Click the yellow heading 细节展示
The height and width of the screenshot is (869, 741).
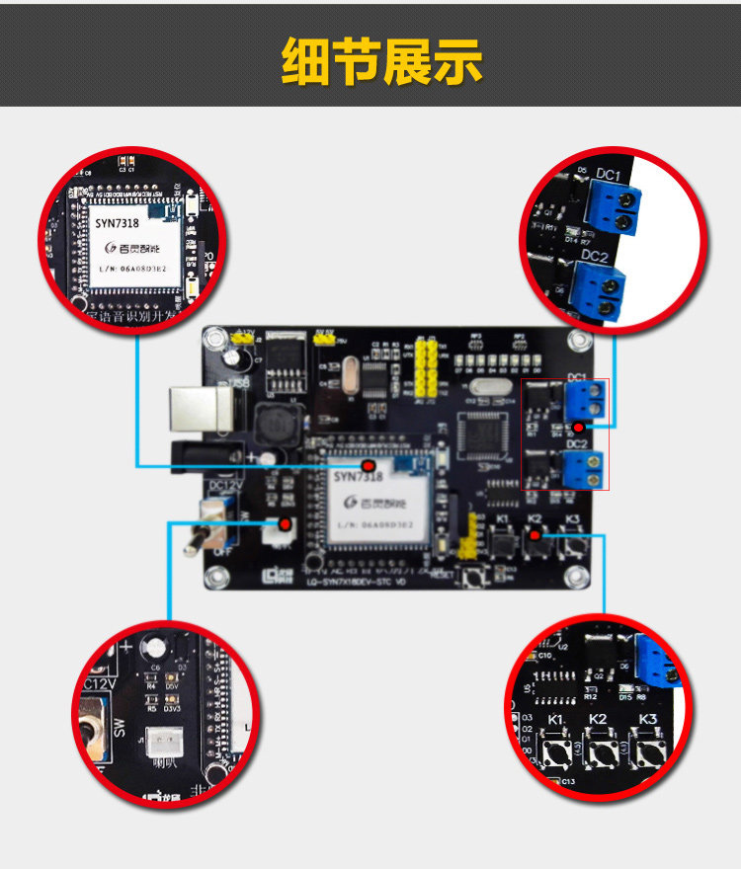pyautogui.click(x=381, y=61)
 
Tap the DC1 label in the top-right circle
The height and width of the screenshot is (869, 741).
pyautogui.click(x=609, y=176)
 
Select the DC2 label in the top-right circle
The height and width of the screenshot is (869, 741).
pyautogui.click(x=595, y=256)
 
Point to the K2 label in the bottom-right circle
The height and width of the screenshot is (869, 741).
pyautogui.click(x=598, y=719)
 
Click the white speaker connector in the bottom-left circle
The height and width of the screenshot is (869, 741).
pyautogui.click(x=161, y=742)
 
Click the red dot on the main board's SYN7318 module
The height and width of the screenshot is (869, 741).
pyautogui.click(x=369, y=465)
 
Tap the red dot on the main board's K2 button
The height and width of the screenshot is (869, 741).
pyautogui.click(x=535, y=535)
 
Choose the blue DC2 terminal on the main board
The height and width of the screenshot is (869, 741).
pyautogui.click(x=584, y=469)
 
